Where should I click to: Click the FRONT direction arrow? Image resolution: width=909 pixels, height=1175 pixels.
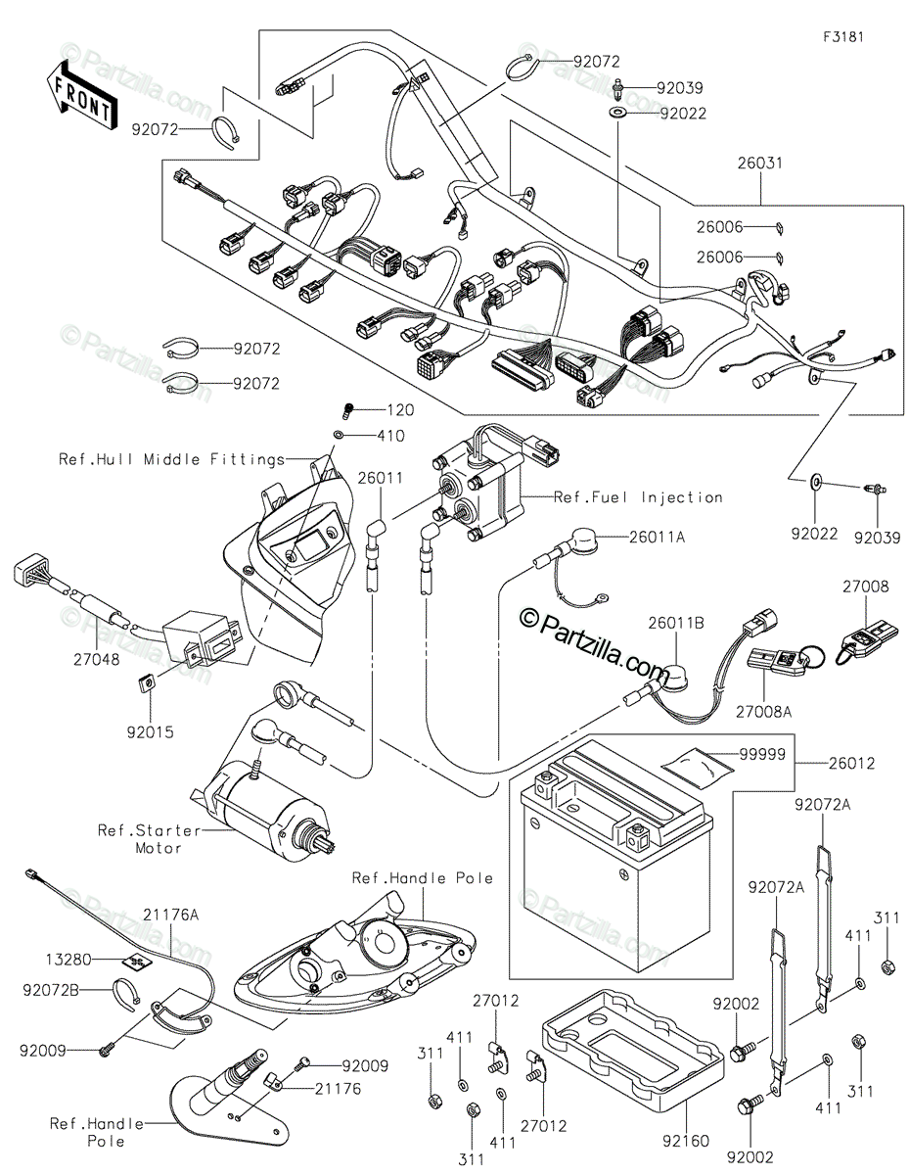pos(81,95)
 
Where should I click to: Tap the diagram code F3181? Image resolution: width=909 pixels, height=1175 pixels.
pos(843,37)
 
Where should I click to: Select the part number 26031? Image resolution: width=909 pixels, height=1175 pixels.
pos(760,163)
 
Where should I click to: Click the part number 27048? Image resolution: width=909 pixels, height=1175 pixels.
pos(98,660)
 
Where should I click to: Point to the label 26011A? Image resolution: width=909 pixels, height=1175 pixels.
pos(657,537)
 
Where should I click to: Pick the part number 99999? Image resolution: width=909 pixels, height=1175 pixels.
pos(762,754)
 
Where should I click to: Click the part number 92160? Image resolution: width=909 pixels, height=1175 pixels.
pos(686,1141)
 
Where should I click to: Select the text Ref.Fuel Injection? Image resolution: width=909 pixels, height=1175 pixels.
pos(638,497)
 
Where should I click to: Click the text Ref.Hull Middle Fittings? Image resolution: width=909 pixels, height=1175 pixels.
pos(172,459)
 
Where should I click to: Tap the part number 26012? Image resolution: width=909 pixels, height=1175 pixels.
pos(851,763)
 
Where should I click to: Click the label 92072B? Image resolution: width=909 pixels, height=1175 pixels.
pos(51,990)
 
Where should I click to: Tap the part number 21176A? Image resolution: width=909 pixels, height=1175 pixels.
pos(170,915)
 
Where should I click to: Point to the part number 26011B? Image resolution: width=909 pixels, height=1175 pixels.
pos(676,623)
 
